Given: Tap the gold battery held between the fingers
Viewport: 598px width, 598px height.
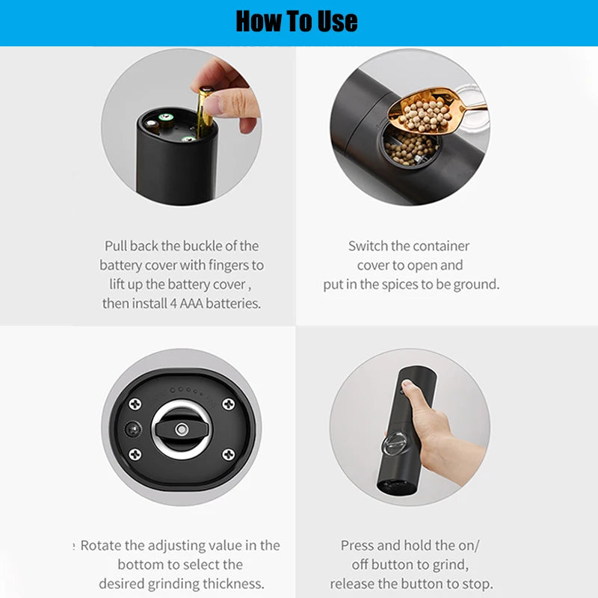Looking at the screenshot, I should pyautogui.click(x=204, y=112).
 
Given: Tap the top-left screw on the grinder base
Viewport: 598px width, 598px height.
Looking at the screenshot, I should pyautogui.click(x=135, y=404).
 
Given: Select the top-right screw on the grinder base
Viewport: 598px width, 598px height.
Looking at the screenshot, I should pyautogui.click(x=228, y=404).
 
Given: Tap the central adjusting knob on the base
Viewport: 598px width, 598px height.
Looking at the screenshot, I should pyautogui.click(x=182, y=430).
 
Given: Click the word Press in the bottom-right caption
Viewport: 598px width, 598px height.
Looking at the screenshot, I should pyautogui.click(x=357, y=545).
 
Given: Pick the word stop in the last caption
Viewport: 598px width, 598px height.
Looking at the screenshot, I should pyautogui.click(x=478, y=583).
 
